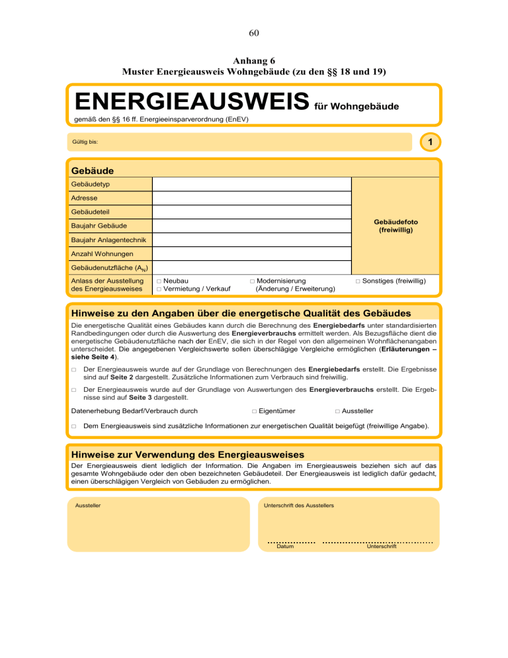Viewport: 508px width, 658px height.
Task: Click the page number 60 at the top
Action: pos(254,33)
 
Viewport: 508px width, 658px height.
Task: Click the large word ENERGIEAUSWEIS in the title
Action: pos(192,102)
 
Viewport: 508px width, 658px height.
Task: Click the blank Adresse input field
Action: pos(252,198)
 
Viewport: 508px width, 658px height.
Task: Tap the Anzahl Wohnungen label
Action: pos(103,254)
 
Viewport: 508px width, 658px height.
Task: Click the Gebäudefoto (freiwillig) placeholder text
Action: pos(396,226)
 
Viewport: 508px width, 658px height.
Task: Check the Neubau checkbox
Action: pos(159,281)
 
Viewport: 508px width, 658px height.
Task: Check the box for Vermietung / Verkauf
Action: pos(159,289)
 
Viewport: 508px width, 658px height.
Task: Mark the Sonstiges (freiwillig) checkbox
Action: pos(358,281)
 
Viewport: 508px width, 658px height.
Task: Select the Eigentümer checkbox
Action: pos(255,412)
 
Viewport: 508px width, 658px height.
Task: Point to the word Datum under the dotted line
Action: pos(285,547)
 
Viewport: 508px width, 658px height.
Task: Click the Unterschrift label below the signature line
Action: pos(382,547)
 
